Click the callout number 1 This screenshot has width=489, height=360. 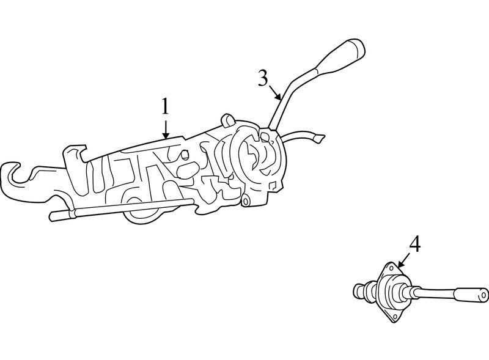point(165,107)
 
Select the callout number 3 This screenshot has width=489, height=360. point(263,78)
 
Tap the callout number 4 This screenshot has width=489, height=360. point(415,244)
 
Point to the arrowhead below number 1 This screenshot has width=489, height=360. point(166,134)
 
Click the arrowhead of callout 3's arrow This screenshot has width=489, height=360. point(279,97)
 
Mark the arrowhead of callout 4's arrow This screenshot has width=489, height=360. point(400,264)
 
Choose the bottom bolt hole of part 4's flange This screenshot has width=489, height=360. point(395,317)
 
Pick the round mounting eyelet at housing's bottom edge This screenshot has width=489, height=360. point(246,200)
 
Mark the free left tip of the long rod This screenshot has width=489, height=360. point(52,216)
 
